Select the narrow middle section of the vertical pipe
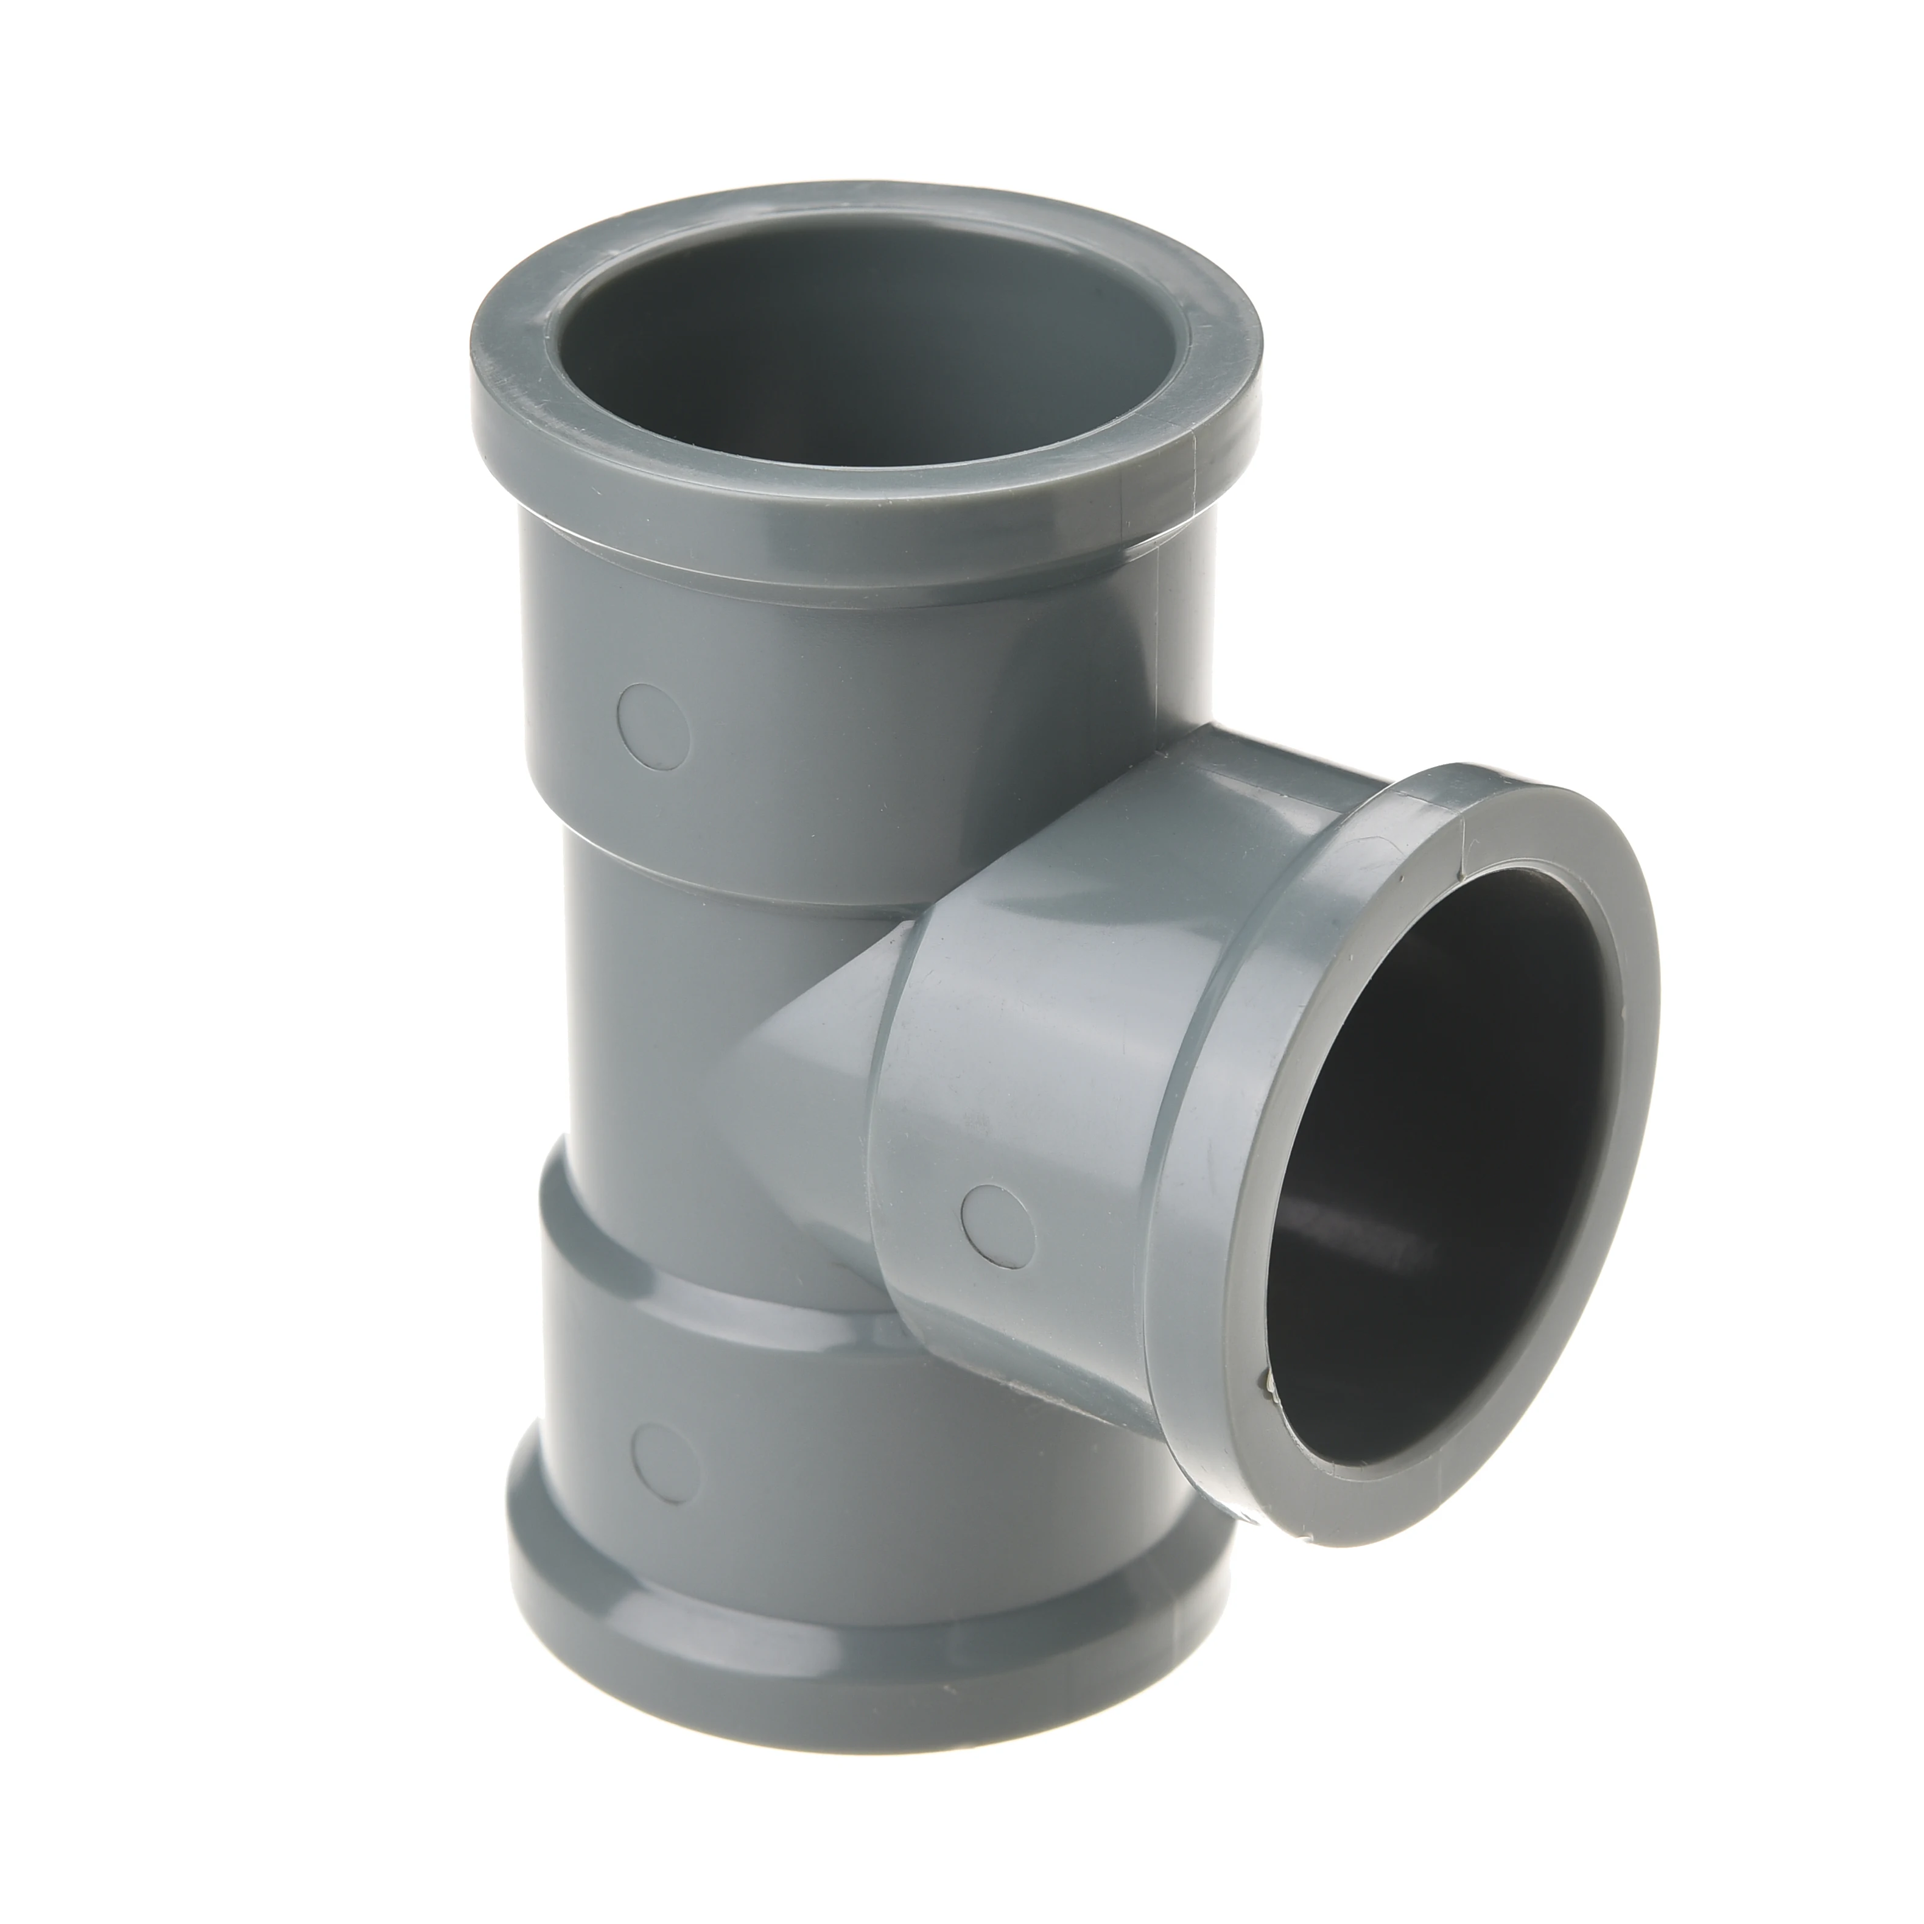(677, 1016)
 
